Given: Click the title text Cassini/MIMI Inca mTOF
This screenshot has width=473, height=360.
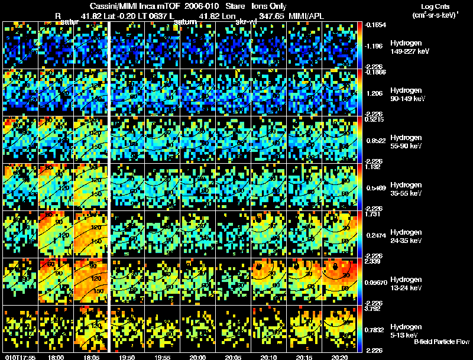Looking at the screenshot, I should (127, 5).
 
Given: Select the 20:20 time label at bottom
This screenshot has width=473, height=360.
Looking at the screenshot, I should (339, 356).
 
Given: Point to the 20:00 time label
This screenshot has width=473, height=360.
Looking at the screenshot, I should (197, 356).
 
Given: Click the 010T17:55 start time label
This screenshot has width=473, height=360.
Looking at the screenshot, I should (20, 356).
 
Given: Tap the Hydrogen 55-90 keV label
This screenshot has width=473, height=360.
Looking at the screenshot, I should (407, 142).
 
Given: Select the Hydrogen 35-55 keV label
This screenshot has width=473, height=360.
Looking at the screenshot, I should (407, 189).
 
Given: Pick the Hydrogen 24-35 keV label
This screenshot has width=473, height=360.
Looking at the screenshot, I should (407, 236).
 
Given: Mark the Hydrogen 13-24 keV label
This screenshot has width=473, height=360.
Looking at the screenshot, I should (407, 283).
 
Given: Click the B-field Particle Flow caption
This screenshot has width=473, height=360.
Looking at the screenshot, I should (442, 342).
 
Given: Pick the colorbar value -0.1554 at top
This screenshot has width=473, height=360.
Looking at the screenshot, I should (377, 25).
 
